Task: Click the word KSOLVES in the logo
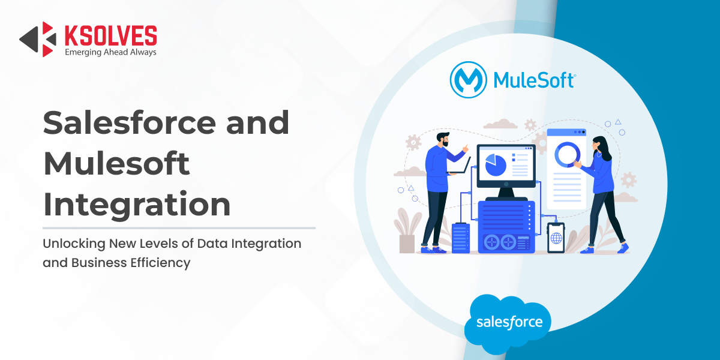(111, 35)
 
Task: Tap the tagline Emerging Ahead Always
(110, 52)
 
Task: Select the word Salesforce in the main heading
(129, 122)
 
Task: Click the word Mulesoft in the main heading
(116, 163)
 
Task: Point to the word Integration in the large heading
(137, 205)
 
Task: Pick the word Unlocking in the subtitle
(74, 244)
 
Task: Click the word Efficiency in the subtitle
(160, 263)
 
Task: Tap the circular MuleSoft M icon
(468, 80)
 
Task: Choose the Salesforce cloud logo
(508, 323)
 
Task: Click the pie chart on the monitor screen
(496, 165)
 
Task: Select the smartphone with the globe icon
(556, 238)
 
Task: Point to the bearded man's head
(443, 139)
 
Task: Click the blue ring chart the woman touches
(568, 155)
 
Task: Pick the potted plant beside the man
(407, 230)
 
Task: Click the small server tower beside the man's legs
(461, 238)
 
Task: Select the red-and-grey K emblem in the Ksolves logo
(38, 39)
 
